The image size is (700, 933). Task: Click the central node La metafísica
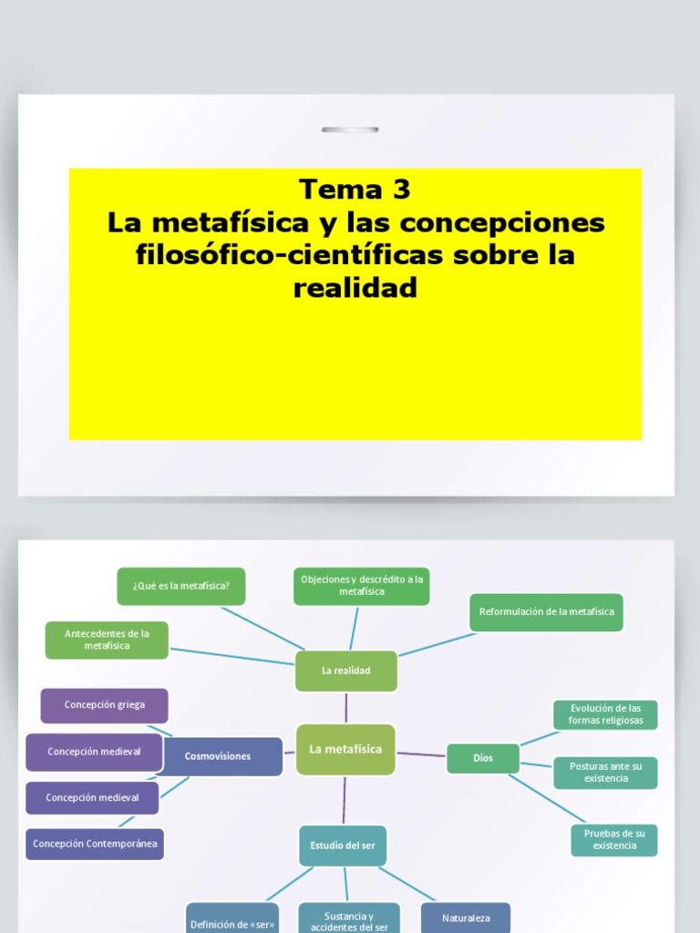tap(345, 749)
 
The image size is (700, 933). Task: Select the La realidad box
tap(345, 671)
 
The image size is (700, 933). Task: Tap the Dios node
tap(482, 757)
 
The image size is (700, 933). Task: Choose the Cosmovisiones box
tap(218, 756)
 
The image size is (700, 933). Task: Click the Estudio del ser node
tap(343, 846)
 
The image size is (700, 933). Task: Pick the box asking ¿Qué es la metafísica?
tap(181, 586)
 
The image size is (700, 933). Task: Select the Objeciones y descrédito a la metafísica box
tap(362, 585)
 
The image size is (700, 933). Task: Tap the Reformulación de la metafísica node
tap(547, 611)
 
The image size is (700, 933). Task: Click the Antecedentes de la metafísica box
tap(107, 640)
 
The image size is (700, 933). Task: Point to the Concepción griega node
tap(104, 704)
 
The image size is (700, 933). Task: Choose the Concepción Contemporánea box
tap(95, 844)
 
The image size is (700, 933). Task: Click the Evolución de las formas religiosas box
tap(605, 714)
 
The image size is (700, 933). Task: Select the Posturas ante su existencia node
tap(605, 773)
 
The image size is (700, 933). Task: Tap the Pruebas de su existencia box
tap(614, 840)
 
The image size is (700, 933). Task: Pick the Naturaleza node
tap(466, 918)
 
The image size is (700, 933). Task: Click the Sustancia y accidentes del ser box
tap(349, 920)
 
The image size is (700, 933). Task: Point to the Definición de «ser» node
tap(232, 922)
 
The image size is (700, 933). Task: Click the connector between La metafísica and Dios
tap(421, 754)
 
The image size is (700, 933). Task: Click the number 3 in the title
tap(401, 190)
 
